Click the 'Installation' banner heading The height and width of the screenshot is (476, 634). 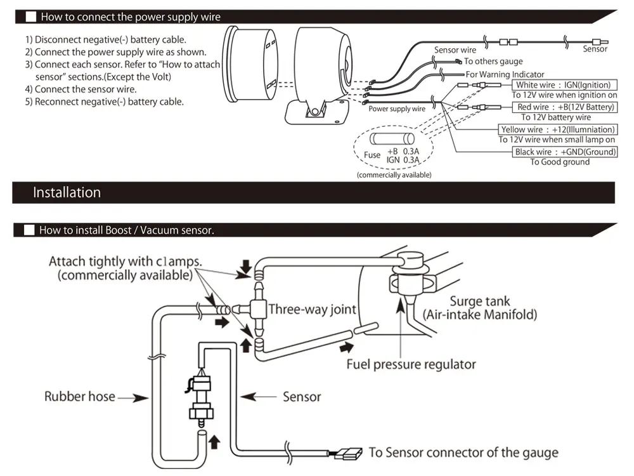coord(67,192)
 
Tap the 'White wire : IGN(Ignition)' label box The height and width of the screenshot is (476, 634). coord(563,85)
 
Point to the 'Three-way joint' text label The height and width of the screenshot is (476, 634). coord(313,310)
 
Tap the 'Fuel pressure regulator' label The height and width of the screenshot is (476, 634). coord(411,364)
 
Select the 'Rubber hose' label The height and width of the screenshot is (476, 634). coord(80,397)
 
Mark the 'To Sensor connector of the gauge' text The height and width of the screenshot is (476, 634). coord(463,453)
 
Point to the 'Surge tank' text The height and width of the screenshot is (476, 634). coord(479,301)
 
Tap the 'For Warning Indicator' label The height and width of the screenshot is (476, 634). coord(505,74)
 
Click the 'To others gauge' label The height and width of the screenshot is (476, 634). coord(493,62)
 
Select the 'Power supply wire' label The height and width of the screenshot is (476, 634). coord(397,109)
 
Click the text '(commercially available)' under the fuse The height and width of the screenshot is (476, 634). coord(394,175)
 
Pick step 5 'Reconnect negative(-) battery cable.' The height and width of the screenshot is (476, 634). coord(105,102)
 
